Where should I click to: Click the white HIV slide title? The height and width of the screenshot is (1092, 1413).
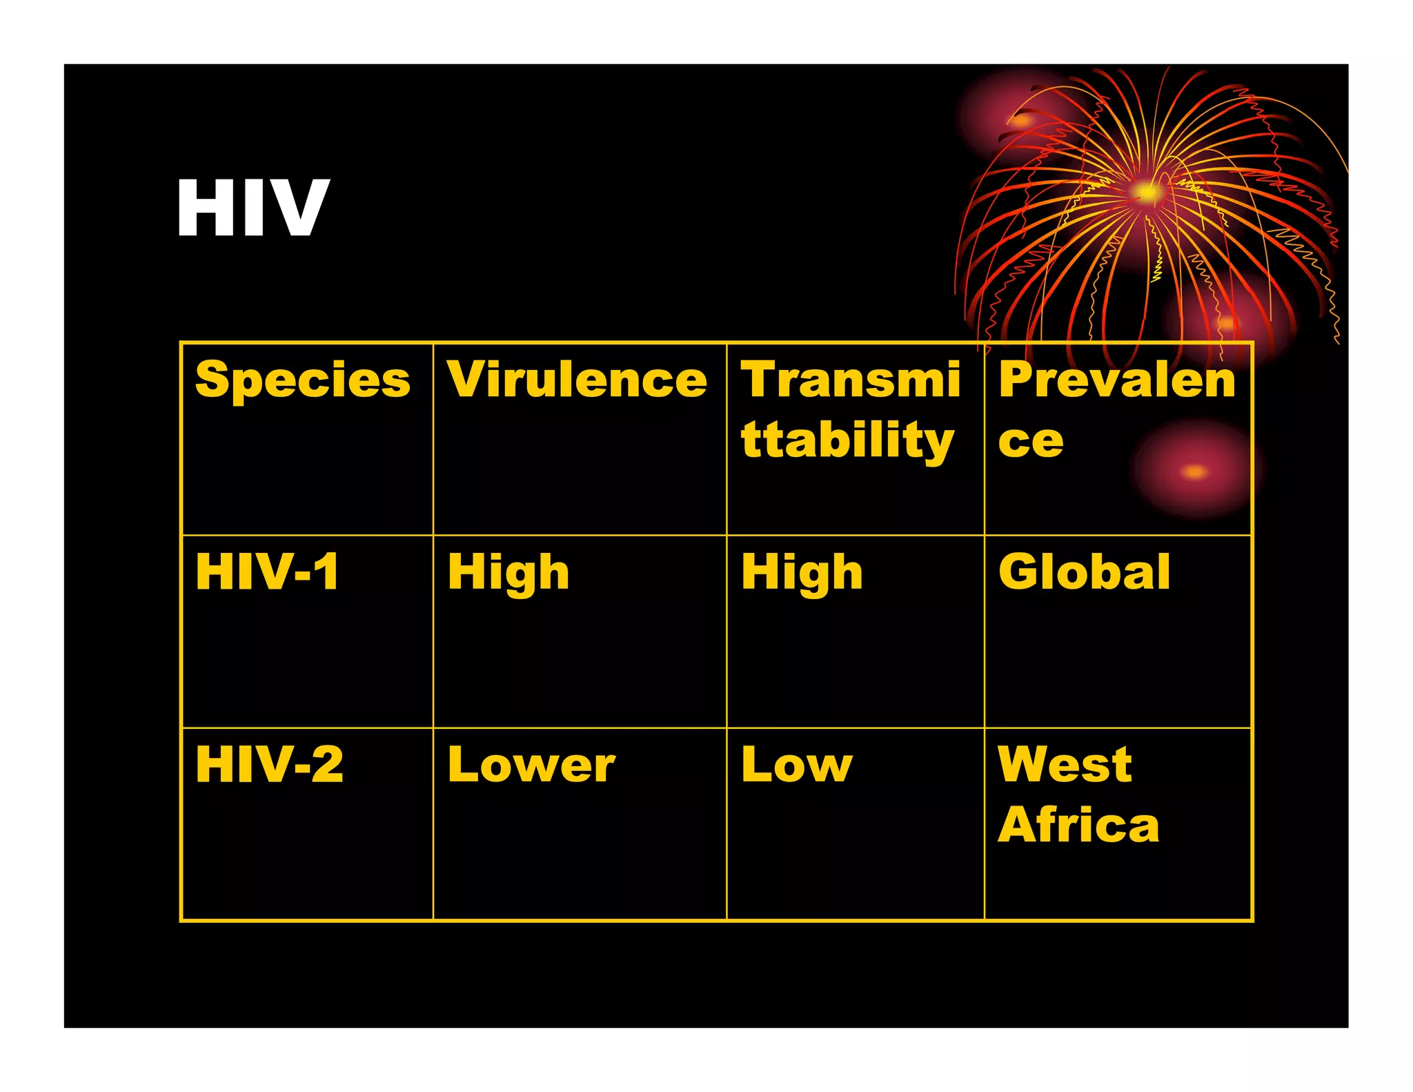[253, 207]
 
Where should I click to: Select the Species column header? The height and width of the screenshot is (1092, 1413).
[302, 380]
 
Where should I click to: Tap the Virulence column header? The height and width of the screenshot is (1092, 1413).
[577, 380]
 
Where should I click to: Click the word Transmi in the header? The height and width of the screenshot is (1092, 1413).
[850, 380]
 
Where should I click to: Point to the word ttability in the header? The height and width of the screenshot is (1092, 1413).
[847, 440]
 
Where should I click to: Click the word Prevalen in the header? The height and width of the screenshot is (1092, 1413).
[1116, 380]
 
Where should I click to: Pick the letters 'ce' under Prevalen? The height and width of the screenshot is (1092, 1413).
[1031, 442]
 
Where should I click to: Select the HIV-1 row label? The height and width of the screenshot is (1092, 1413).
[268, 572]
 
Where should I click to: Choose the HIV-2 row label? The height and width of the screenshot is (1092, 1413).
[269, 765]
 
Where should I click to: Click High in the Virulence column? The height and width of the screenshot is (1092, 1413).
[508, 574]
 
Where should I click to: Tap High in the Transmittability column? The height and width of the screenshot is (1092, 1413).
[802, 574]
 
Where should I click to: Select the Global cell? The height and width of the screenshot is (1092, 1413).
[1084, 572]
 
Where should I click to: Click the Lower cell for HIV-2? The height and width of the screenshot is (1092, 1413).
[531, 765]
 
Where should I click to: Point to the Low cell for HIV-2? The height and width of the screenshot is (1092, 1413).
[797, 765]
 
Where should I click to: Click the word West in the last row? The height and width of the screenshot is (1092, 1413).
[1065, 765]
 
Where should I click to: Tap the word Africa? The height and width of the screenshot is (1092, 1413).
[1078, 825]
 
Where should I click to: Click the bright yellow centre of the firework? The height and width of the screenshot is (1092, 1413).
[1146, 192]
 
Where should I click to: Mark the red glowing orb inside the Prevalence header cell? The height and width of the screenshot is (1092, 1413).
[1194, 472]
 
